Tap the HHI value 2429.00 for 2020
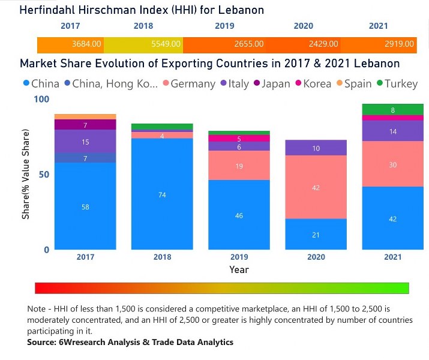click(x=323, y=44)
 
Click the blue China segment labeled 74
click(x=162, y=194)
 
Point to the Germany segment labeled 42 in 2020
click(x=316, y=187)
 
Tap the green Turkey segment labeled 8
click(x=392, y=110)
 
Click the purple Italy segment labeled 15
click(x=85, y=142)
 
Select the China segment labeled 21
click(x=316, y=235)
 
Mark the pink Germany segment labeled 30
click(x=392, y=164)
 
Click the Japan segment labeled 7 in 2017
click(x=85, y=125)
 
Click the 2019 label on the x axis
click(x=239, y=257)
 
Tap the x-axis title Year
click(x=239, y=270)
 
